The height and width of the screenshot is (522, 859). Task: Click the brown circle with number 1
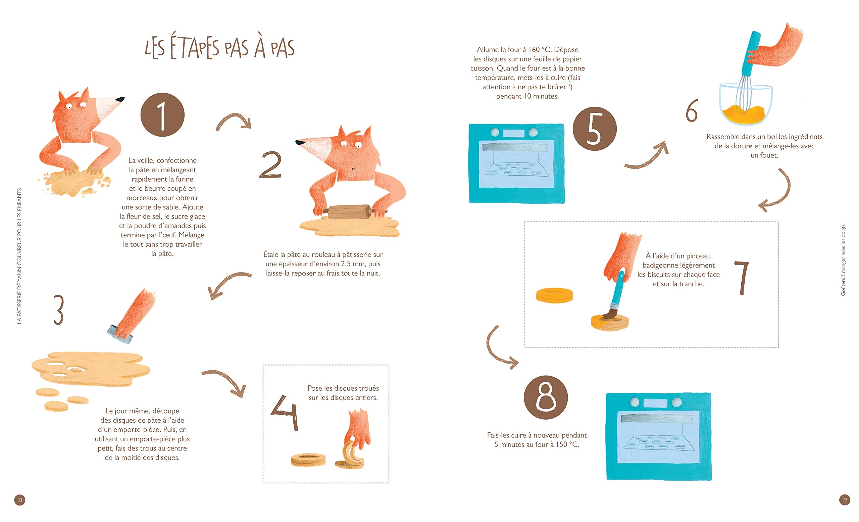[162, 115]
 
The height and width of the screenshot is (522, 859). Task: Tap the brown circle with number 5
[594, 129]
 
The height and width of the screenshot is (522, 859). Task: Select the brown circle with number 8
[546, 397]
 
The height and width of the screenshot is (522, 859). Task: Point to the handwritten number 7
[742, 278]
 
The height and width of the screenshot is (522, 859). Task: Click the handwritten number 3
[59, 310]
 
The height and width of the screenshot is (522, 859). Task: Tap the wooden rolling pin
[349, 211]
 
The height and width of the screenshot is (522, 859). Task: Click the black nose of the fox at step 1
[120, 99]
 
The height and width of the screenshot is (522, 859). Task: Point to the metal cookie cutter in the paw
[119, 334]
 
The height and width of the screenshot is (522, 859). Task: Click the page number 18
[19, 500]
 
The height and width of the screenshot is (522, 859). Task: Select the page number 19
[844, 500]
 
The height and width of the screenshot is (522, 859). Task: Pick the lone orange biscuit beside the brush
[554, 295]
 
